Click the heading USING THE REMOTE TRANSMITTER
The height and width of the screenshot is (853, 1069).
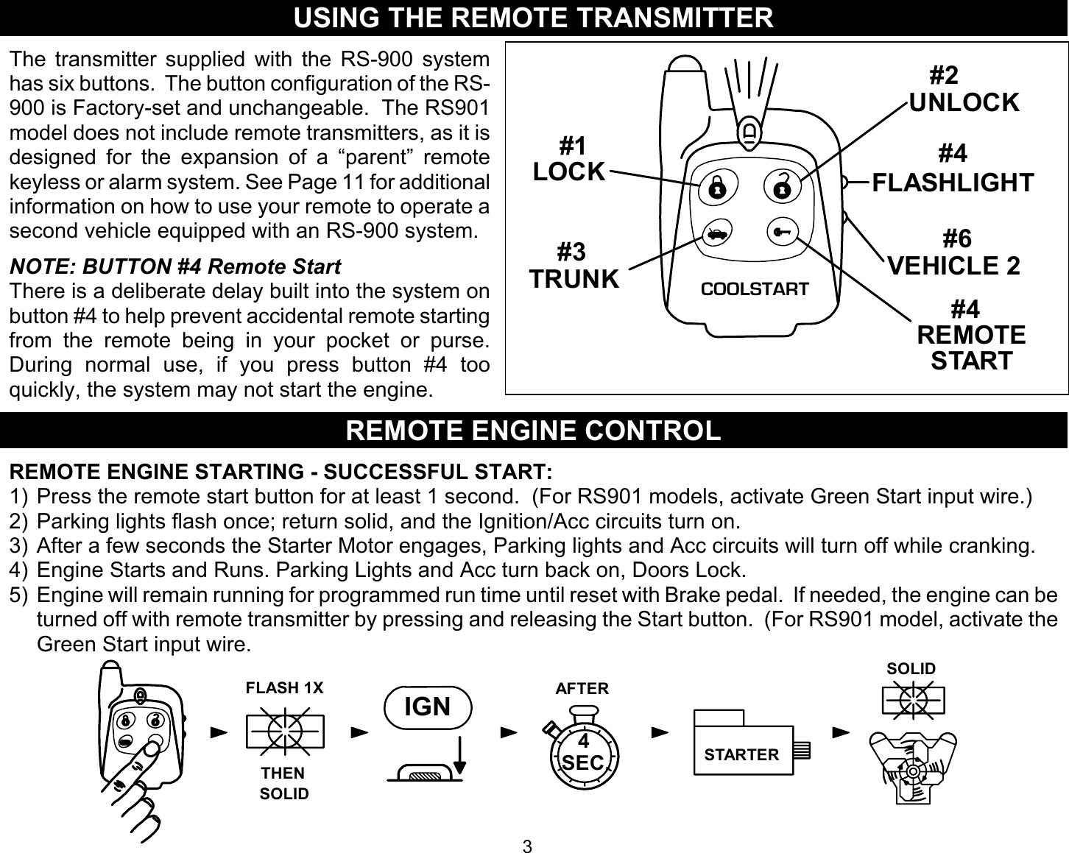click(x=534, y=18)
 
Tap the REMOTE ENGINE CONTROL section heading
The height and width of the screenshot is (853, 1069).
click(x=534, y=431)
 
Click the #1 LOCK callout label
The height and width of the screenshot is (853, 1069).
click(x=569, y=158)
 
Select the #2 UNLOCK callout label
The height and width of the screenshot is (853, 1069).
click(x=964, y=89)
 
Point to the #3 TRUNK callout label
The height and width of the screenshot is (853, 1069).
click(x=574, y=266)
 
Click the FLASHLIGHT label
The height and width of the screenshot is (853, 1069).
click(x=953, y=182)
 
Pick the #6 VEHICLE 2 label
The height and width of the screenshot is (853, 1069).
click(x=954, y=252)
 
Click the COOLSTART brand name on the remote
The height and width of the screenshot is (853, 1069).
click(x=754, y=289)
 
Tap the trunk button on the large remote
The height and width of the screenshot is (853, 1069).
click(x=715, y=235)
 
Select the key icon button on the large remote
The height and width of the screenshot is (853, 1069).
click(x=781, y=233)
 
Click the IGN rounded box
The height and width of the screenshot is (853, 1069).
click(x=428, y=707)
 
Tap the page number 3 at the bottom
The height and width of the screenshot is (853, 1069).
click(x=526, y=846)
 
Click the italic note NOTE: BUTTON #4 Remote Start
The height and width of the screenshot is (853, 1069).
click(x=175, y=266)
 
